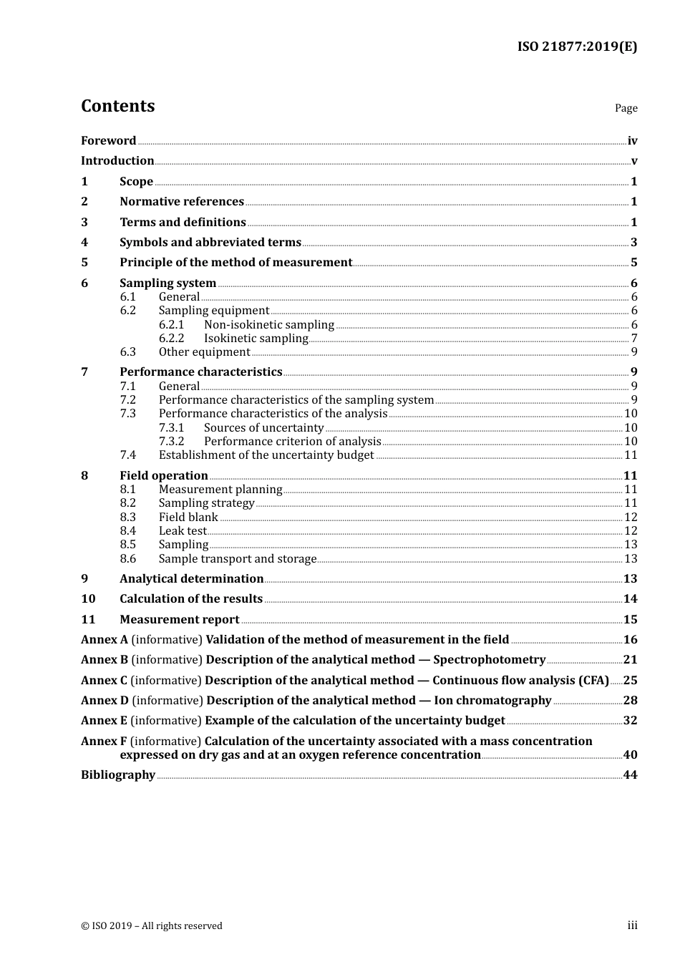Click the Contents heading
click(x=117, y=106)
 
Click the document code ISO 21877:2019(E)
click(x=577, y=47)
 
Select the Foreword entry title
click(x=108, y=141)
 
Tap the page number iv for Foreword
click(x=632, y=141)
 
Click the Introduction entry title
click(x=117, y=161)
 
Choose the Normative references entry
click(x=182, y=202)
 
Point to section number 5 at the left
click(x=84, y=263)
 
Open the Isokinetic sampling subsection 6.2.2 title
click(x=256, y=339)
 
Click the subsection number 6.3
click(x=127, y=352)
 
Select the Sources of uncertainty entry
click(x=263, y=428)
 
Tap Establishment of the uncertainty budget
click(x=266, y=455)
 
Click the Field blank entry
click(x=188, y=518)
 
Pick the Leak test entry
click(x=183, y=531)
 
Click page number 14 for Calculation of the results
click(x=630, y=599)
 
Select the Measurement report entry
click(x=180, y=620)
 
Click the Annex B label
click(x=105, y=660)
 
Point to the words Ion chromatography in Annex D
click(x=492, y=701)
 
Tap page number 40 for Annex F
click(x=630, y=755)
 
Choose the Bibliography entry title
click(x=118, y=775)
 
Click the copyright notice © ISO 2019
click(x=152, y=926)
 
